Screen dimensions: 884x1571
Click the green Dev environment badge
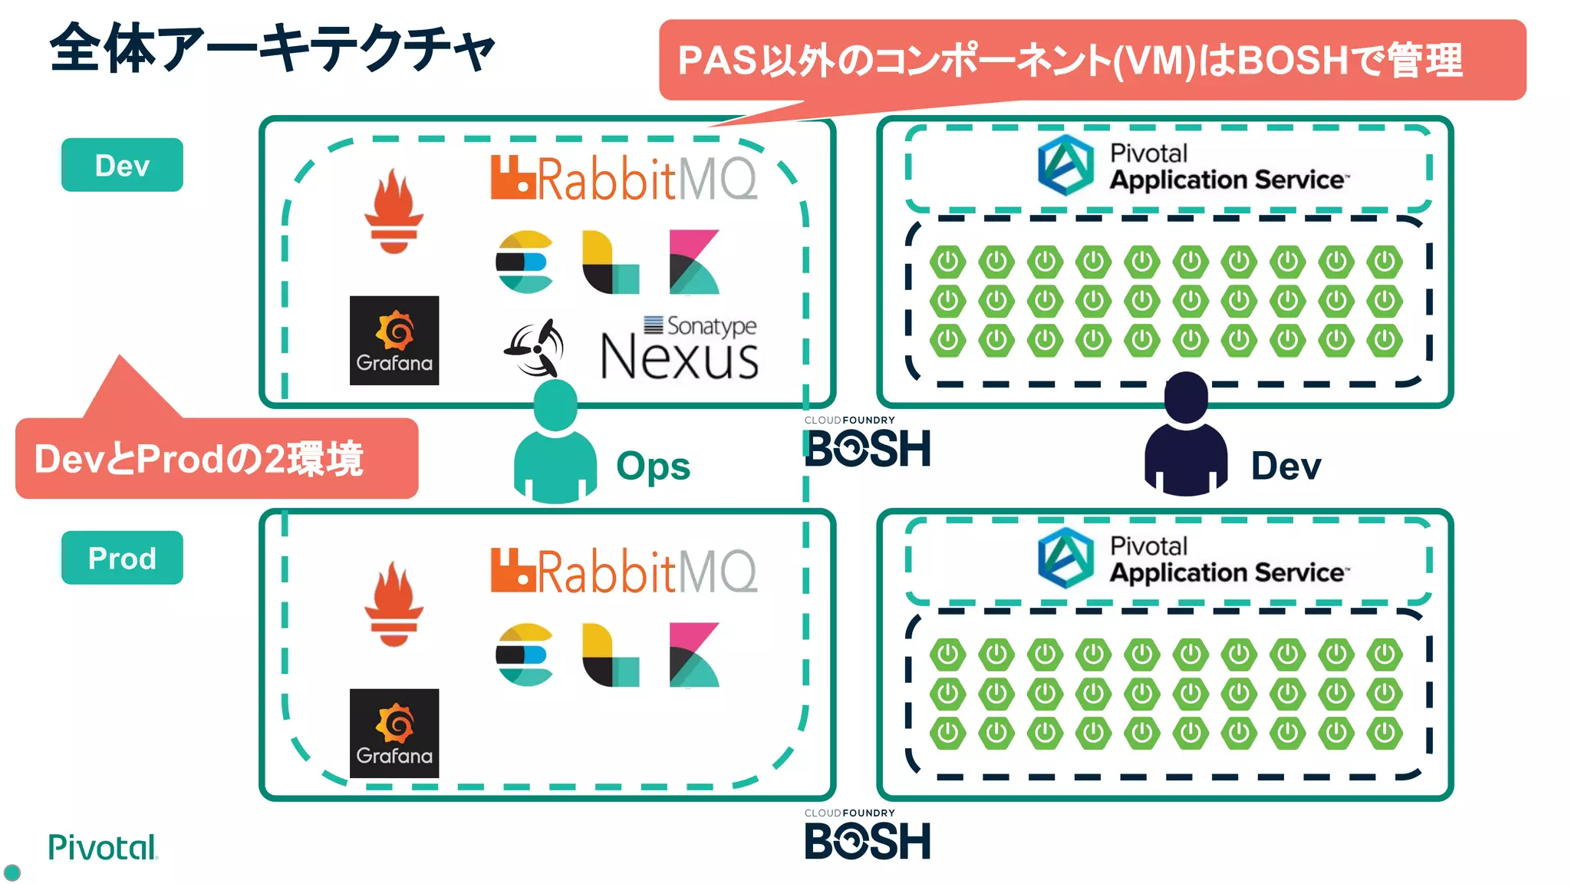122,165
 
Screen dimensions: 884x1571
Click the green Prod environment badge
122,558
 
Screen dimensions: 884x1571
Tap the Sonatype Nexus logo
680,350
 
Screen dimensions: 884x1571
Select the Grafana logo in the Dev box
394,340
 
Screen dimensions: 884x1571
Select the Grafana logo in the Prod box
394,733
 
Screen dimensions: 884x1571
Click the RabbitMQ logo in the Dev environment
624,179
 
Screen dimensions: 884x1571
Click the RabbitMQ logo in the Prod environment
624,572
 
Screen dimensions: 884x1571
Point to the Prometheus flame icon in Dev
394,212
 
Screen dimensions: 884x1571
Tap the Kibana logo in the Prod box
693,655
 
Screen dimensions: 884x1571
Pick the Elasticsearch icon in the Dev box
525,262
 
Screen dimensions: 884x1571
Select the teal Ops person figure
555,444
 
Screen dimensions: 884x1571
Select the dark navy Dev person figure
1185,436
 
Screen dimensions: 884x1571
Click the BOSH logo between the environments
868,446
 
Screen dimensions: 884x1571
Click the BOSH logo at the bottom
868,839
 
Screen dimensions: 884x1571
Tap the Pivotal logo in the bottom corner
102,848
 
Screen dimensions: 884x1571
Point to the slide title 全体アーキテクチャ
272,48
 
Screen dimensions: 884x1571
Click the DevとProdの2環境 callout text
199,459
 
